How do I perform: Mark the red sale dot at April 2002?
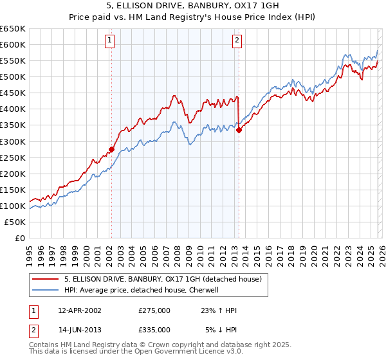(111, 149)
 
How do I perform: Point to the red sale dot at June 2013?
(239, 129)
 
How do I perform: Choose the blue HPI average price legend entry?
(142, 291)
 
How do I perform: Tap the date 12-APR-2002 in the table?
(80, 310)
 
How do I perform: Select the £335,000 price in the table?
(154, 329)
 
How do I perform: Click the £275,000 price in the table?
(154, 310)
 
